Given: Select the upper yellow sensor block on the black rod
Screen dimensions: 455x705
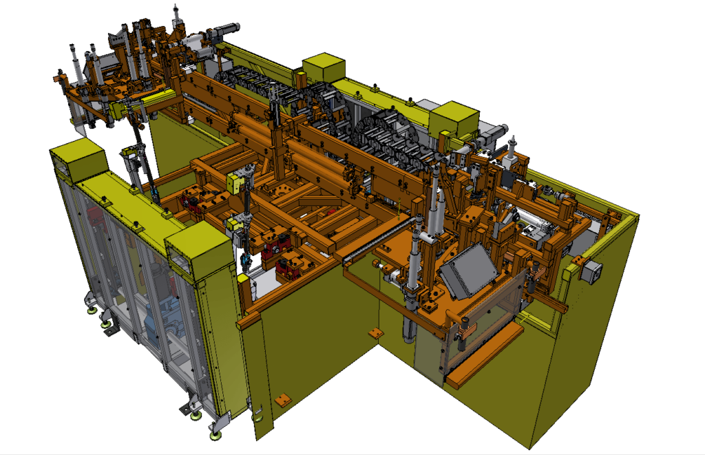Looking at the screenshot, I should point(234,183).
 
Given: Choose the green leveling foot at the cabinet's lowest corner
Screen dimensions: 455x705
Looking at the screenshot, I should point(216,435).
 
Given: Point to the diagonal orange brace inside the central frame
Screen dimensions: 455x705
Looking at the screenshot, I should point(310,200).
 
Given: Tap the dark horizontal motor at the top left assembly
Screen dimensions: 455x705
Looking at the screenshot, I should point(224,30).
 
